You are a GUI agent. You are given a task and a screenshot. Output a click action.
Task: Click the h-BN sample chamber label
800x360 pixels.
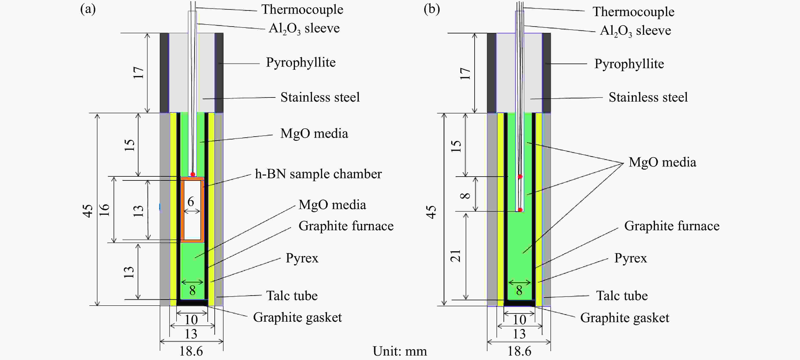click(x=318, y=174)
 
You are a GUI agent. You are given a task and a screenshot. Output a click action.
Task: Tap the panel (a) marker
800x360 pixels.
click(x=88, y=9)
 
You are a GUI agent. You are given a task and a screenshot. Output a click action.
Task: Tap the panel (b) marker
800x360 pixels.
click(x=432, y=9)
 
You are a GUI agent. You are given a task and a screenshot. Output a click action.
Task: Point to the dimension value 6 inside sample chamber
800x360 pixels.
click(x=191, y=202)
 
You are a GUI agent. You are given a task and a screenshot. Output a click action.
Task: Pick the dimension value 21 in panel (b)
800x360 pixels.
click(x=456, y=256)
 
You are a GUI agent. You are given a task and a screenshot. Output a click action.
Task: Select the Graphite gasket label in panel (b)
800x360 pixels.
click(x=625, y=318)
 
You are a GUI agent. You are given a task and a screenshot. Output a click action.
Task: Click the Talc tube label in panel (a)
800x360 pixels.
click(x=292, y=296)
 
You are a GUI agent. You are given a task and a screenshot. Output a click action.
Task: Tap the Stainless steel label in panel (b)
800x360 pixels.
click(x=648, y=97)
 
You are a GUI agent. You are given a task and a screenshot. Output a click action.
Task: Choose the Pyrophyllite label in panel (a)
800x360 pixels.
click(x=301, y=62)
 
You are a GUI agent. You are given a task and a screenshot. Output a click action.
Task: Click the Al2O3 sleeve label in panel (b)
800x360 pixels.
click(x=635, y=31)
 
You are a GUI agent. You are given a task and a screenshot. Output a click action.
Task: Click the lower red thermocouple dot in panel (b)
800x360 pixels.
click(x=520, y=210)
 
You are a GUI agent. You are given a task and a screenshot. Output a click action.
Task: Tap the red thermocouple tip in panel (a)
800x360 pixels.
click(x=193, y=174)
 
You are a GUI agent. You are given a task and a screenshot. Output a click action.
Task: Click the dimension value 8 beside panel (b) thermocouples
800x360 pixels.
click(x=465, y=195)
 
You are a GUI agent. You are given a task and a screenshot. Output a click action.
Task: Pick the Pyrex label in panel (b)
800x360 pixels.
click(x=630, y=258)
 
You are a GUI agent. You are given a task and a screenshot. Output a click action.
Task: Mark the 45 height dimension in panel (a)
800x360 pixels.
click(x=88, y=211)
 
